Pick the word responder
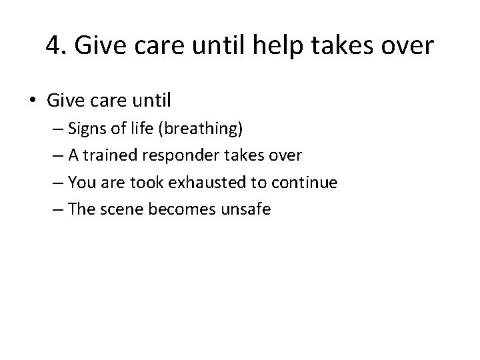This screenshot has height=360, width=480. pos(187,156)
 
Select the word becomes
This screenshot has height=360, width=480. pos(183,209)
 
